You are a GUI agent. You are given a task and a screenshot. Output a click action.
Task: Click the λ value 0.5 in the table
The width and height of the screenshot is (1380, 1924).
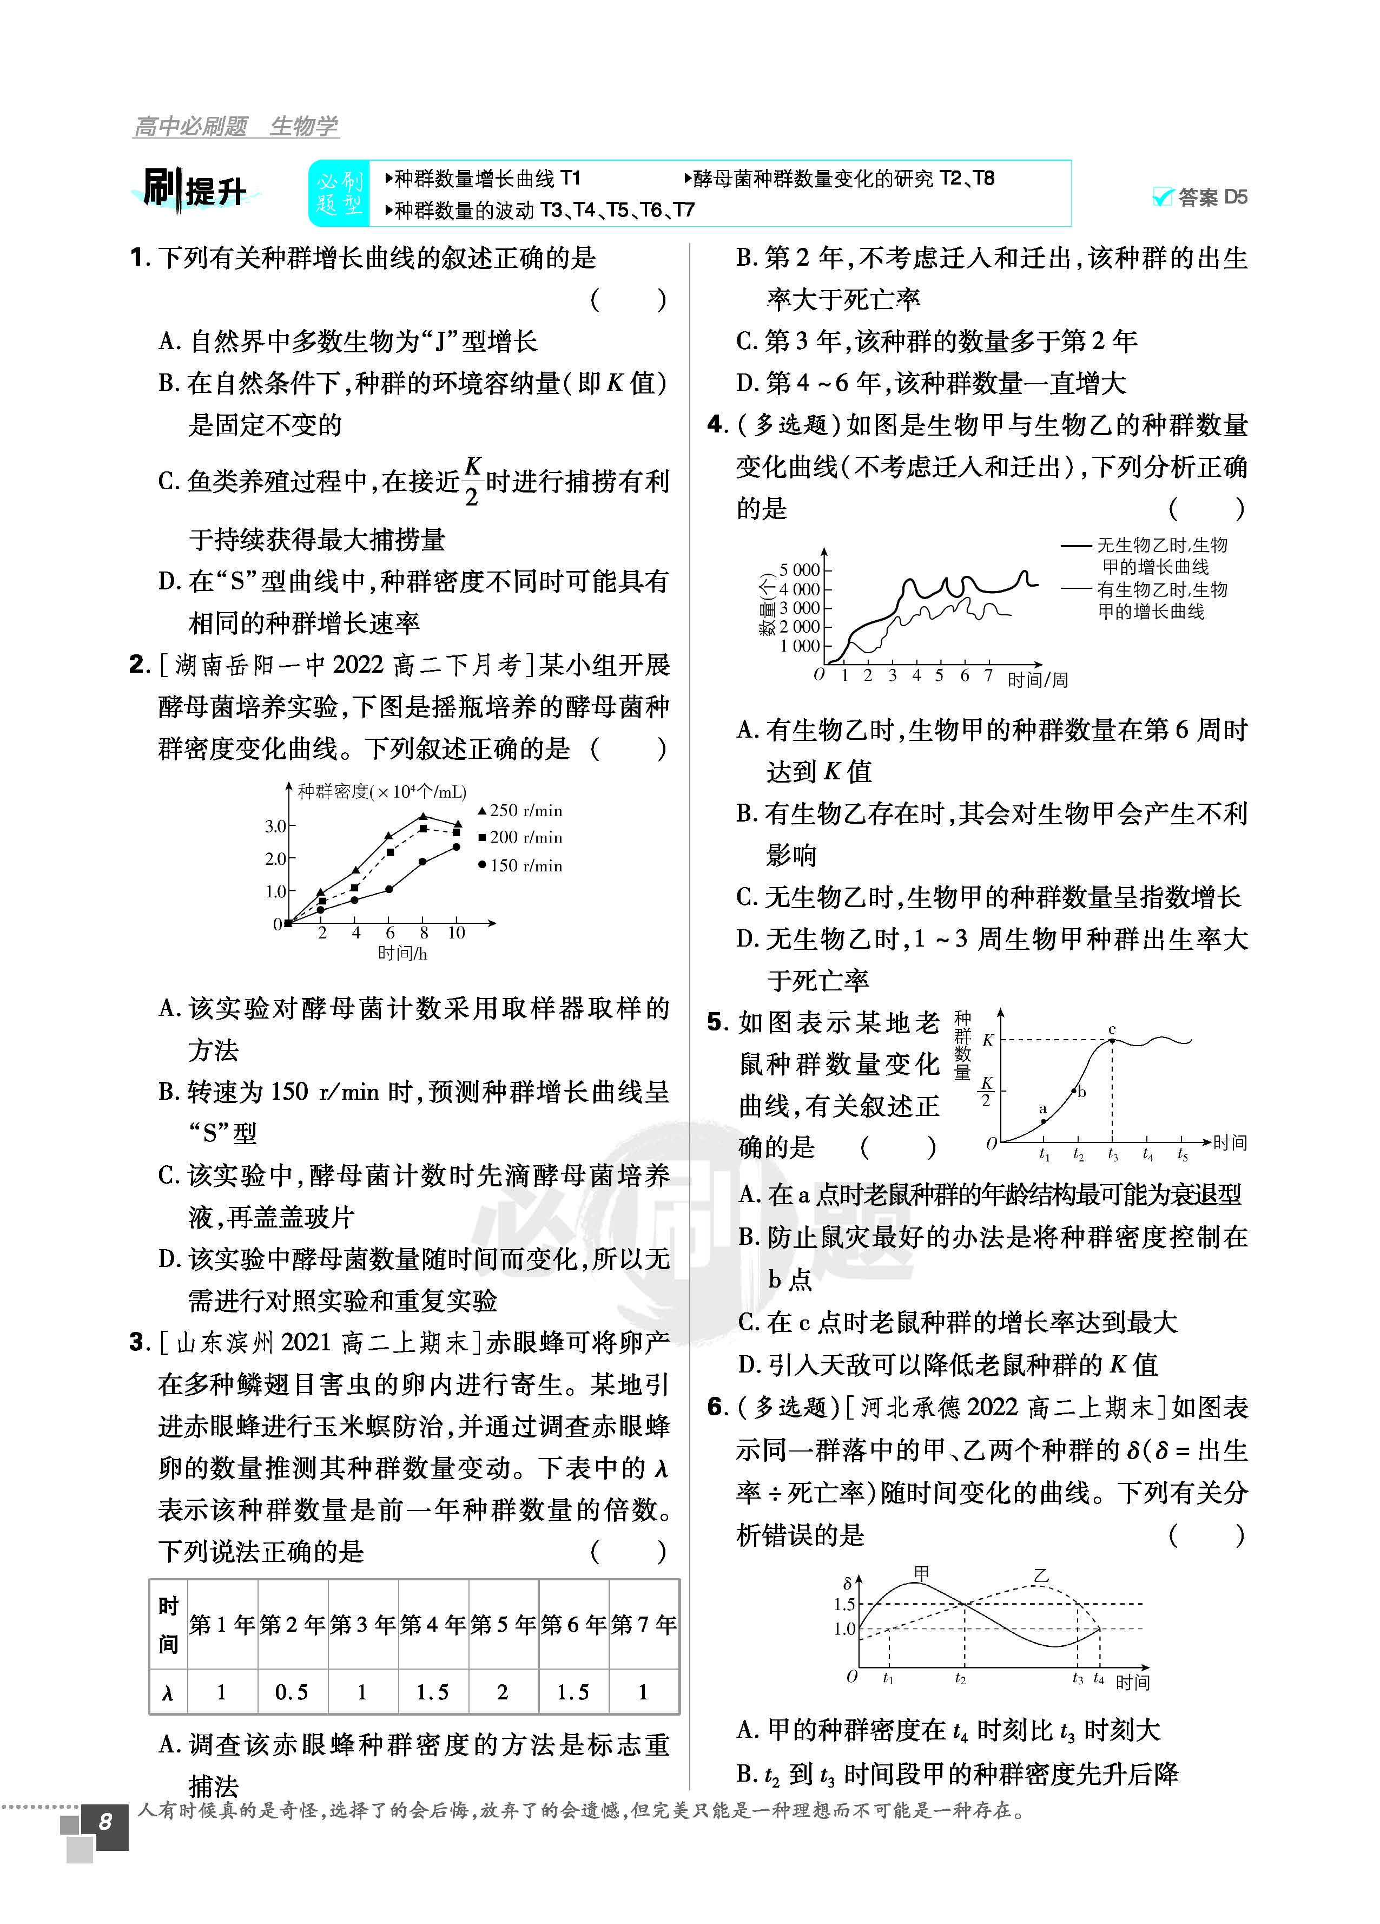[291, 1692]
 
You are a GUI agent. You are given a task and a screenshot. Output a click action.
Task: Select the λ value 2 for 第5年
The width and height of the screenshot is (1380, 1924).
[502, 1692]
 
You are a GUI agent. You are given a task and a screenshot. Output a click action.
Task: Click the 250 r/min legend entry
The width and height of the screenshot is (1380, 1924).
[519, 811]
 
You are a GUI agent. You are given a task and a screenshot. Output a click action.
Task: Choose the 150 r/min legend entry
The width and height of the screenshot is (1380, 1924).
[519, 865]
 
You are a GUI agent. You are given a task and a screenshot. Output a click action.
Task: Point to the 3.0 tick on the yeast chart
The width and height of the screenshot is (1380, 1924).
[276, 825]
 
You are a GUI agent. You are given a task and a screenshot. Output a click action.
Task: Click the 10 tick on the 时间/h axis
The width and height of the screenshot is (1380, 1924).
[457, 933]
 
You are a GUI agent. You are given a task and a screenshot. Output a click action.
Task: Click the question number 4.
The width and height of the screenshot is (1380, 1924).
[717, 425]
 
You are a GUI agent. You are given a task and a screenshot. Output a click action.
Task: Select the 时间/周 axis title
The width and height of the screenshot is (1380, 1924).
[1036, 680]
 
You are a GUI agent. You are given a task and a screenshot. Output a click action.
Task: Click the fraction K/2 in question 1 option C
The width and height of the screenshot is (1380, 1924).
[472, 481]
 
